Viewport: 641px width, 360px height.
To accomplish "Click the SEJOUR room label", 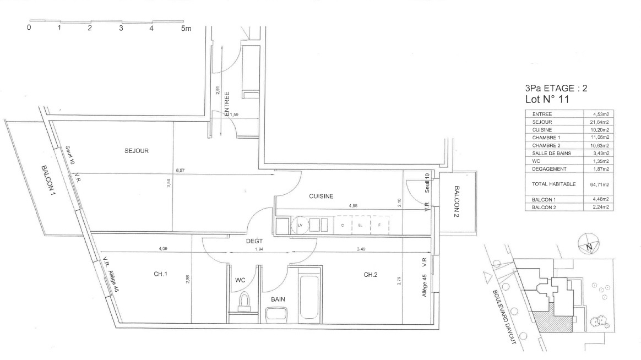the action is pos(137,151).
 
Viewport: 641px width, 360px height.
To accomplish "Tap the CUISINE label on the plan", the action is pos(321,196).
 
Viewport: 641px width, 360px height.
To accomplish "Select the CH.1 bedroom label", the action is pos(160,274).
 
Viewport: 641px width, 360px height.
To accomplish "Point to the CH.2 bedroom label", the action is pos(371,275).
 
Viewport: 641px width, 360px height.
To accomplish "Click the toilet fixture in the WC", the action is pos(245,302).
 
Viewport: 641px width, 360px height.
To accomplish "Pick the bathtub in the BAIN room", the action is pos(309,297).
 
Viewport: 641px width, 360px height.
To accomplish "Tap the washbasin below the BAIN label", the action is pos(276,315).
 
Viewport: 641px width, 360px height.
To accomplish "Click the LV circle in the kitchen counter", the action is pos(300,225).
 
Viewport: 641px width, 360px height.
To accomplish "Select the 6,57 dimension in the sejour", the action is pos(180,171).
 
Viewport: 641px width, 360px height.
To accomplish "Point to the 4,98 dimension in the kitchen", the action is pos(353,205).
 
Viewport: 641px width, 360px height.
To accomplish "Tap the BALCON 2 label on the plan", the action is pos(457,201).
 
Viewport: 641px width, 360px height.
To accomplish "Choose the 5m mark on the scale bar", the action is pos(186,28).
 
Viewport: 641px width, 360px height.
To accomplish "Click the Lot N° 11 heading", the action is pos(547,99).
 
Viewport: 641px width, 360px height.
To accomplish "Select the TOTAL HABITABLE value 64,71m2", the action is pos(599,185).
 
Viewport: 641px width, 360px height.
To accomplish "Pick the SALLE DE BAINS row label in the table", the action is pos(551,153).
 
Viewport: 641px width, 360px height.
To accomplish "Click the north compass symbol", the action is pos(589,244).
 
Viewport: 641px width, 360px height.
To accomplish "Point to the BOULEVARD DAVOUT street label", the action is pos(504,317).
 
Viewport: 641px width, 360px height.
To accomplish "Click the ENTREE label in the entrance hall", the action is pos(227,104).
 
